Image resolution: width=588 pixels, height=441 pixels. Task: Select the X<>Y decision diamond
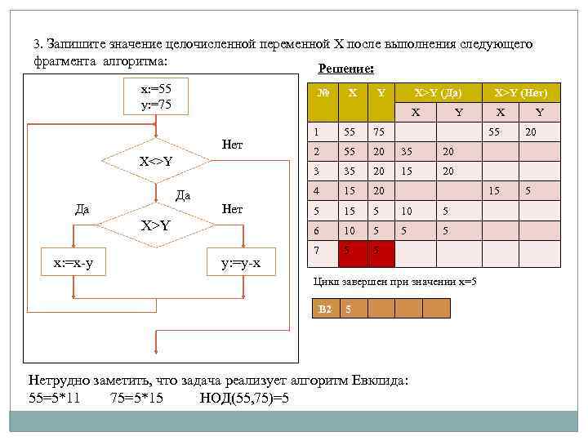point(155,161)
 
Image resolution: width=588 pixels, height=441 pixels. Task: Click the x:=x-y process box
point(78,264)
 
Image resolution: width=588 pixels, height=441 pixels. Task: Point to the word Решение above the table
point(346,70)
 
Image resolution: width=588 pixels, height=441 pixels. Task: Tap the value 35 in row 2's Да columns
point(405,152)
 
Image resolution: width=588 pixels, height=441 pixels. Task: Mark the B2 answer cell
point(325,309)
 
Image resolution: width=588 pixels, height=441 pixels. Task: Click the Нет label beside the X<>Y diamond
point(233,145)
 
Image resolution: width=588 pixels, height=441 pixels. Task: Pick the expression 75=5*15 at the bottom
point(136,399)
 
